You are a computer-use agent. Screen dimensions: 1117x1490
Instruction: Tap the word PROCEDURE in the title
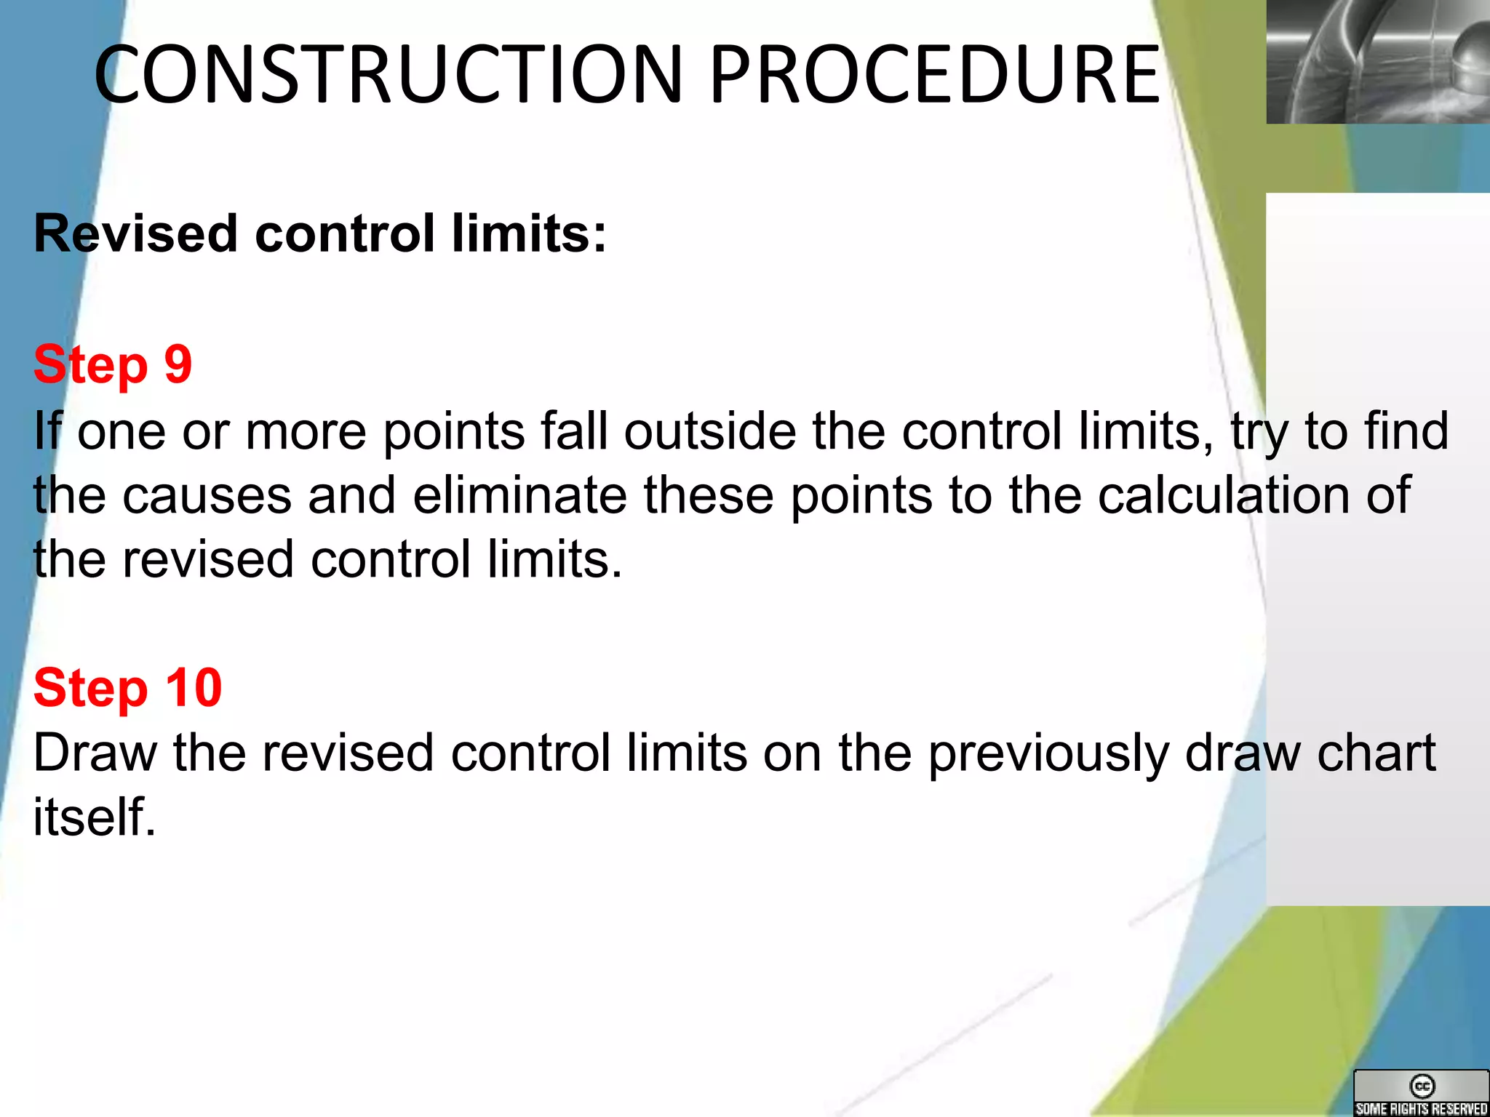(934, 74)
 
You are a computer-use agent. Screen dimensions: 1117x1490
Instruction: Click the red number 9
(178, 364)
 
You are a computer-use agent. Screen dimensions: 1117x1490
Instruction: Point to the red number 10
(194, 687)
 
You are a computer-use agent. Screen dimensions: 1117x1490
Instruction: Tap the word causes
(207, 495)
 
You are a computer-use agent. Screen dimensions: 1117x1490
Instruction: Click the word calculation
(1223, 495)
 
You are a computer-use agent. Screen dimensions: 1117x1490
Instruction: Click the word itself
(95, 817)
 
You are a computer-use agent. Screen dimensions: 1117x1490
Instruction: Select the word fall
(573, 431)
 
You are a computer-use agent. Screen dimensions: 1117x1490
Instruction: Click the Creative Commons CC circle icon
(1422, 1086)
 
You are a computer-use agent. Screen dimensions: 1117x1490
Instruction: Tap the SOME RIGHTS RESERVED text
(1422, 1108)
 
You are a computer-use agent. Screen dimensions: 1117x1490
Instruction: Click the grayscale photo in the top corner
(1378, 62)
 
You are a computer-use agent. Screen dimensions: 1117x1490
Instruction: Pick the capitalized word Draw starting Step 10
(95, 753)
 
